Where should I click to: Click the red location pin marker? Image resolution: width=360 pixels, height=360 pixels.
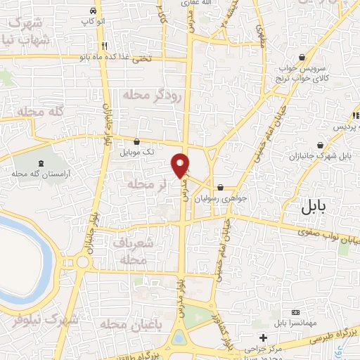pyautogui.click(x=180, y=165)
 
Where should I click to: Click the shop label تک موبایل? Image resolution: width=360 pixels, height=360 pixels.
pyautogui.click(x=139, y=152)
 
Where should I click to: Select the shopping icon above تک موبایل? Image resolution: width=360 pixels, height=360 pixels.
pyautogui.click(x=146, y=141)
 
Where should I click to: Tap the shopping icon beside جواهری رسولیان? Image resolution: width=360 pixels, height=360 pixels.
pyautogui.click(x=221, y=187)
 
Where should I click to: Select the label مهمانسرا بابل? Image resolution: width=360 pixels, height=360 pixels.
pyautogui.click(x=300, y=323)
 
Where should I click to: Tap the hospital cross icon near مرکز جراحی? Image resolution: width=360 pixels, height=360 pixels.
pyautogui.click(x=264, y=337)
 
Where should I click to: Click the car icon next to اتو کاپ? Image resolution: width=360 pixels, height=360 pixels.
pyautogui.click(x=94, y=13)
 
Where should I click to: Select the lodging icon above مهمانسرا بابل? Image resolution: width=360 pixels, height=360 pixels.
pyautogui.click(x=295, y=311)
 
